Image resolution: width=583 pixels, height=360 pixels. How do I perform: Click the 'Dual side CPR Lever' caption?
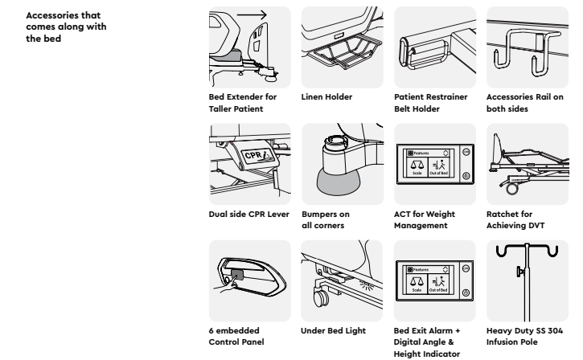pos(248,214)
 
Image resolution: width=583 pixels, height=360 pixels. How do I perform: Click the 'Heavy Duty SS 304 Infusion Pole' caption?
pos(520,335)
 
